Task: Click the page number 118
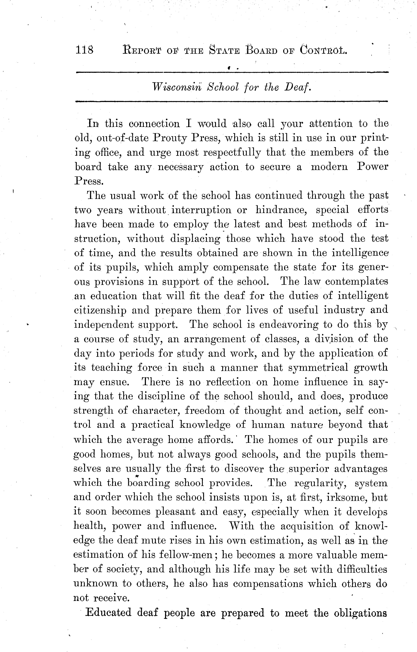[84, 50]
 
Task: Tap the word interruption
[201, 210]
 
